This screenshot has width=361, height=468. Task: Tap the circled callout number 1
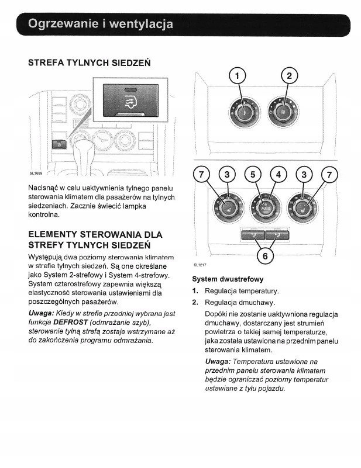[237, 77]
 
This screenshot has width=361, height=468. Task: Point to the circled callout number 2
[288, 77]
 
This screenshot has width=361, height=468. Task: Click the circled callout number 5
[252, 174]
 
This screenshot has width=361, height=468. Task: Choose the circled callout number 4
[279, 174]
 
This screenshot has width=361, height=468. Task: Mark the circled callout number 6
[266, 256]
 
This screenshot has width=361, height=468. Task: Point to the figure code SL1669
[36, 174]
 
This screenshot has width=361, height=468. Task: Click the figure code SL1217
[201, 265]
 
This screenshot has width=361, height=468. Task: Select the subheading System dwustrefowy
[228, 279]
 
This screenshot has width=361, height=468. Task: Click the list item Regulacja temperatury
[242, 291]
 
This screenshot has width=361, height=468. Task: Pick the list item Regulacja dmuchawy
[240, 303]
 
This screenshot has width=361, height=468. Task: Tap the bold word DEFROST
[72, 323]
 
